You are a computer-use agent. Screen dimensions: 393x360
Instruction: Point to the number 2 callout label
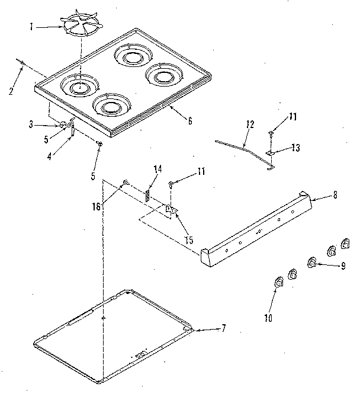pos(11,91)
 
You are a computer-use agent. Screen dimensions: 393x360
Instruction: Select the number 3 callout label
pos(31,124)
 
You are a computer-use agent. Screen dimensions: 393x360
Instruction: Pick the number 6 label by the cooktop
pos(189,122)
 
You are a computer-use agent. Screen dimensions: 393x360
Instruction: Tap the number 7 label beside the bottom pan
pos(223,328)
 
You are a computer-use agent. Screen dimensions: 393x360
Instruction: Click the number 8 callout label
pos(335,195)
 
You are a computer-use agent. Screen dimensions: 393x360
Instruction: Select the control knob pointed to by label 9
pos(311,263)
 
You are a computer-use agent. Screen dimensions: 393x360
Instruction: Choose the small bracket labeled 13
pos(271,153)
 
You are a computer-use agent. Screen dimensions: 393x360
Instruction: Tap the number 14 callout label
pos(157,169)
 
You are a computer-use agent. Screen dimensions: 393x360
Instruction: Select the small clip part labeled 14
pos(148,194)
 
